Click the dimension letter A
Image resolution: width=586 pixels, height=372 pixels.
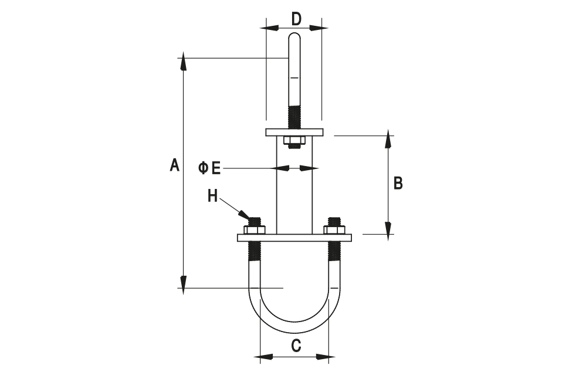click(x=174, y=165)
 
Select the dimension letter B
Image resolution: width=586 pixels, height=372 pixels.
click(x=398, y=184)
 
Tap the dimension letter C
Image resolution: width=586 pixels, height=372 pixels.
click(x=296, y=346)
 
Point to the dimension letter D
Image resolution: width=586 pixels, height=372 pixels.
click(x=296, y=19)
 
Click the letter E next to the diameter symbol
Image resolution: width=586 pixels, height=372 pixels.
click(x=216, y=168)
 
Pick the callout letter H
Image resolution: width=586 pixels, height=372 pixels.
click(x=213, y=195)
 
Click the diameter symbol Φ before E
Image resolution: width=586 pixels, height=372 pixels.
click(x=204, y=168)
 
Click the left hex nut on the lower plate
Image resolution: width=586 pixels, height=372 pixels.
click(x=255, y=229)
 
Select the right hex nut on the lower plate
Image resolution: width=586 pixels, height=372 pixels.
click(x=335, y=229)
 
